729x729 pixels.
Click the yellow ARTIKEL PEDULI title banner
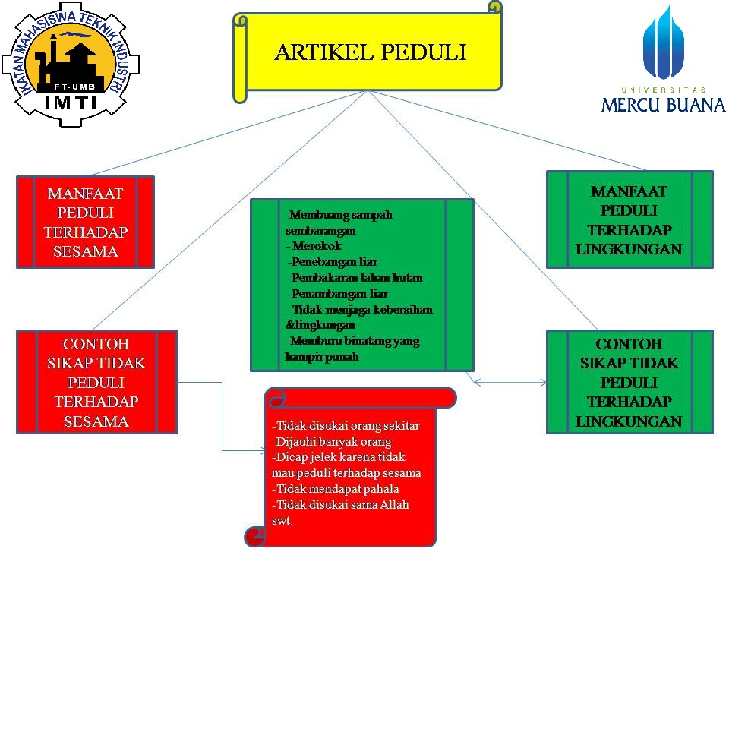(370, 53)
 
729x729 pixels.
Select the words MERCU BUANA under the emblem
(663, 104)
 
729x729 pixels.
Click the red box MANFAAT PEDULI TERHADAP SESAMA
(86, 222)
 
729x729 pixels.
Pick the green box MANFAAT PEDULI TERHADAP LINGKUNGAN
(630, 220)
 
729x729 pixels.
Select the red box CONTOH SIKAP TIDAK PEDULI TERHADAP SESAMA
(96, 382)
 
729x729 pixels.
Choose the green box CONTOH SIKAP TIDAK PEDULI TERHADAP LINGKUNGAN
(630, 382)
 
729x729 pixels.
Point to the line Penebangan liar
(333, 262)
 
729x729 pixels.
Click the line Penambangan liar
(339, 294)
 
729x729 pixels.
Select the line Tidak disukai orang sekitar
(346, 425)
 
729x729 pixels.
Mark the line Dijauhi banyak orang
(332, 441)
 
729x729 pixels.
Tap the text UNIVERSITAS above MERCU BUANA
(663, 90)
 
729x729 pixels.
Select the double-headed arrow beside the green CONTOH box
(510, 383)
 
